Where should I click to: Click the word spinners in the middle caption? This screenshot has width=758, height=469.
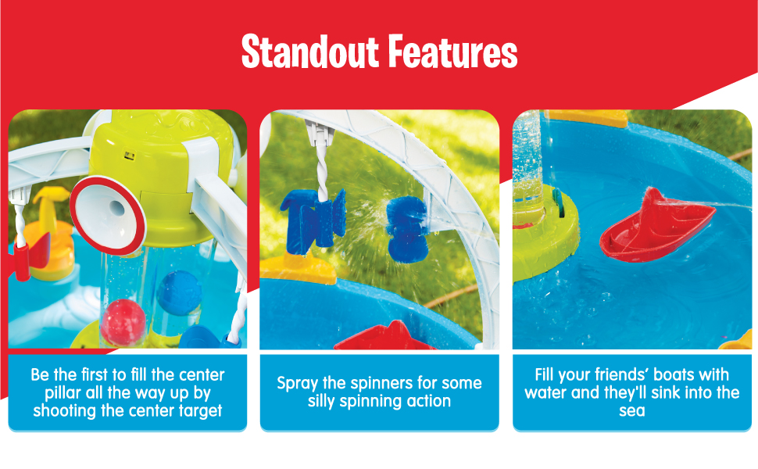[x=382, y=384]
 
